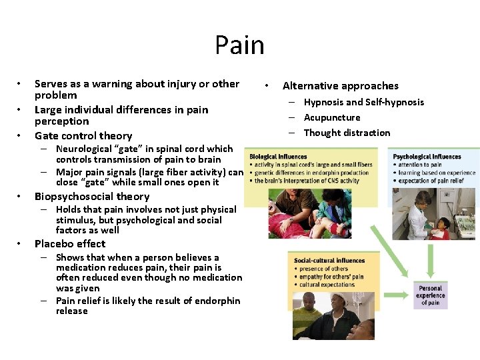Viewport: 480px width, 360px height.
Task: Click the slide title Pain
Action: [239, 45]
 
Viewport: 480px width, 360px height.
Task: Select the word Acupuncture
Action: [332, 117]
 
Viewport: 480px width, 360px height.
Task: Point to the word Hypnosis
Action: [325, 102]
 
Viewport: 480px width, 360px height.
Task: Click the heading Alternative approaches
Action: [340, 86]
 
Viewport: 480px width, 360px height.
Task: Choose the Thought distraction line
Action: [347, 133]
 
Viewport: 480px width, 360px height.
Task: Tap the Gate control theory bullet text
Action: [83, 135]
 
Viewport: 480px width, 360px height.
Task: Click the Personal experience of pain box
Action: [430, 295]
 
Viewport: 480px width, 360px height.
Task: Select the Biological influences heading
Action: [277, 157]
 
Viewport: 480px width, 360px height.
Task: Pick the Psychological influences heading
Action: [427, 157]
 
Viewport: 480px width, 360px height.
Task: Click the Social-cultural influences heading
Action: [329, 261]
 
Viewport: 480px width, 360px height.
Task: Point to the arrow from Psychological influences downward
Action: [430, 257]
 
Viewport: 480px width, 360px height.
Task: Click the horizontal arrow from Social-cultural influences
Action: [393, 294]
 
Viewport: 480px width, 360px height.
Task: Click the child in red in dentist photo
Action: [441, 230]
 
